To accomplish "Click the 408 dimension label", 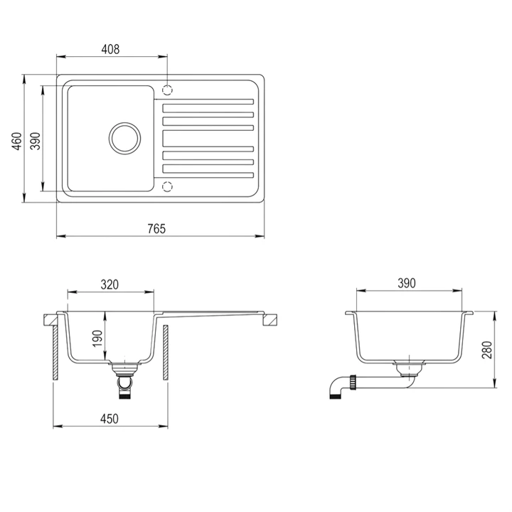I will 110,49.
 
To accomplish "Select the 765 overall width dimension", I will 156,228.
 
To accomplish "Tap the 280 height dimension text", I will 486,350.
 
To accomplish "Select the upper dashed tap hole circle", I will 168,90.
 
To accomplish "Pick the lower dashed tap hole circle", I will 168,186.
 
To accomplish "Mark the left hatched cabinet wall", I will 57,353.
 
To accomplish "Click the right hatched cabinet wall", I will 165,353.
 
